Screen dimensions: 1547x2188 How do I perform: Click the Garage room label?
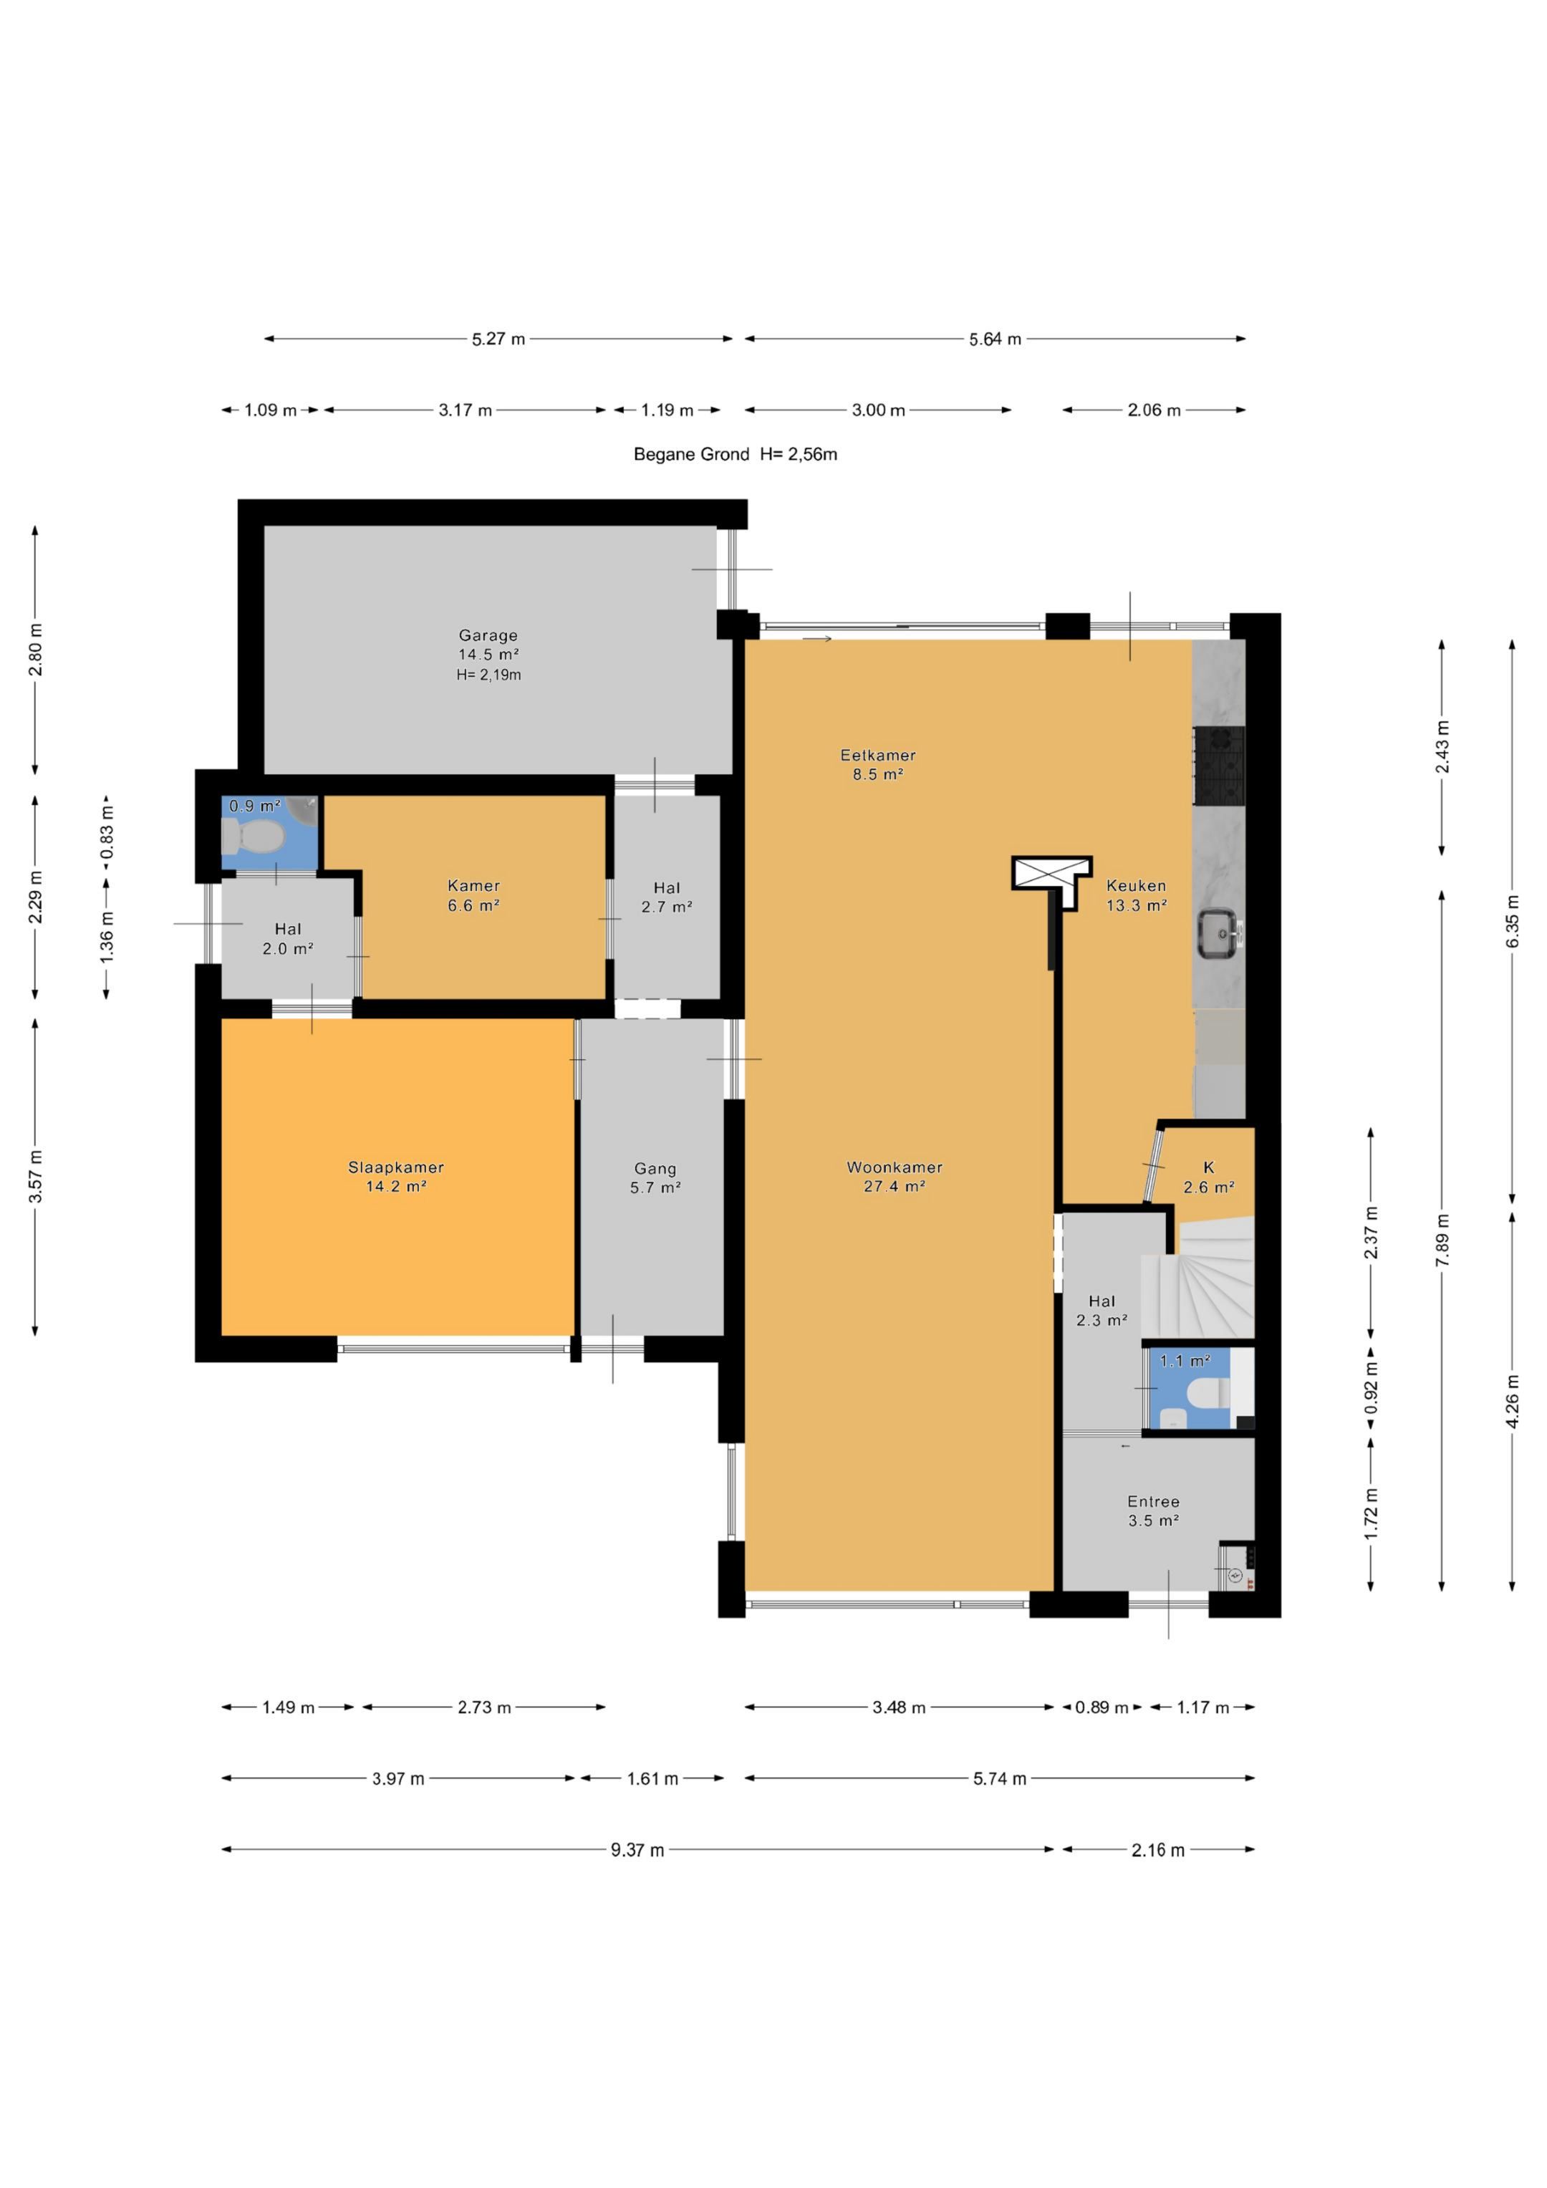488,635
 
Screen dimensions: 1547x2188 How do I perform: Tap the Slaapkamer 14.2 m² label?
395,1176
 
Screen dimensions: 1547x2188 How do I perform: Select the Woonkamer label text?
894,1167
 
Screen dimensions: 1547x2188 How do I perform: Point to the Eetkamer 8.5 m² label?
878,764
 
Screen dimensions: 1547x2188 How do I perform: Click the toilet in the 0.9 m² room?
254,838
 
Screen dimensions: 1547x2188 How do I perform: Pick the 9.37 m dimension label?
637,1850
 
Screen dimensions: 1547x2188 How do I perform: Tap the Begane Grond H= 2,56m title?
736,455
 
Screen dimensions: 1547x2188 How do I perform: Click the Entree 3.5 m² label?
1153,1510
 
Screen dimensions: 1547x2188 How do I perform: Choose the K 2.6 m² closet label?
1209,1177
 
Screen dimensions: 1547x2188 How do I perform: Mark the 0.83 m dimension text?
107,831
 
